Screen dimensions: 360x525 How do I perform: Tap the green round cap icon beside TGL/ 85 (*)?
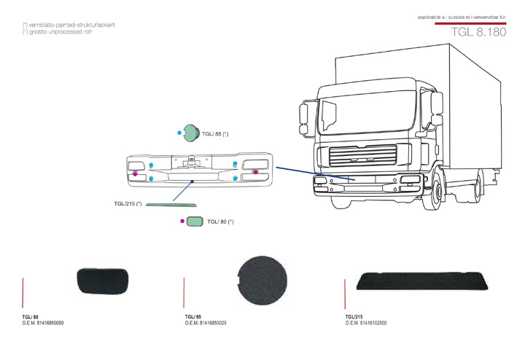[x=192, y=133]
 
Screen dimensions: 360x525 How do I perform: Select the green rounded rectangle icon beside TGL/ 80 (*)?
[x=194, y=221]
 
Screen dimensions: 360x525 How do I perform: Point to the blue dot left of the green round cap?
[x=179, y=133]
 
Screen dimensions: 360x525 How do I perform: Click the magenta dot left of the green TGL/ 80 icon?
[x=182, y=220]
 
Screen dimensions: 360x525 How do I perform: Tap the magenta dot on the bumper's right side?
[x=255, y=171]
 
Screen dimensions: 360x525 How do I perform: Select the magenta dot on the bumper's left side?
[x=135, y=173]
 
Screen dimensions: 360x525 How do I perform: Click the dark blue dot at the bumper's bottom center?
[x=191, y=180]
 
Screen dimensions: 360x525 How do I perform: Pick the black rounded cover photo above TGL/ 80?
[x=102, y=280]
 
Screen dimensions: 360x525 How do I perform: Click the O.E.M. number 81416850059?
[x=48, y=322]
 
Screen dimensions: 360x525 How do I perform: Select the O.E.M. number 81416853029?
[x=209, y=322]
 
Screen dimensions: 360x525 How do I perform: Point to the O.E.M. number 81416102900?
[x=370, y=322]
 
